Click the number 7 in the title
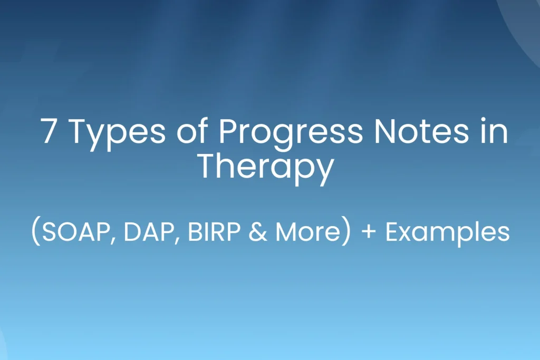49,131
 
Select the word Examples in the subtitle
447,232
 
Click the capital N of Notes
380,131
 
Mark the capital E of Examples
392,232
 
